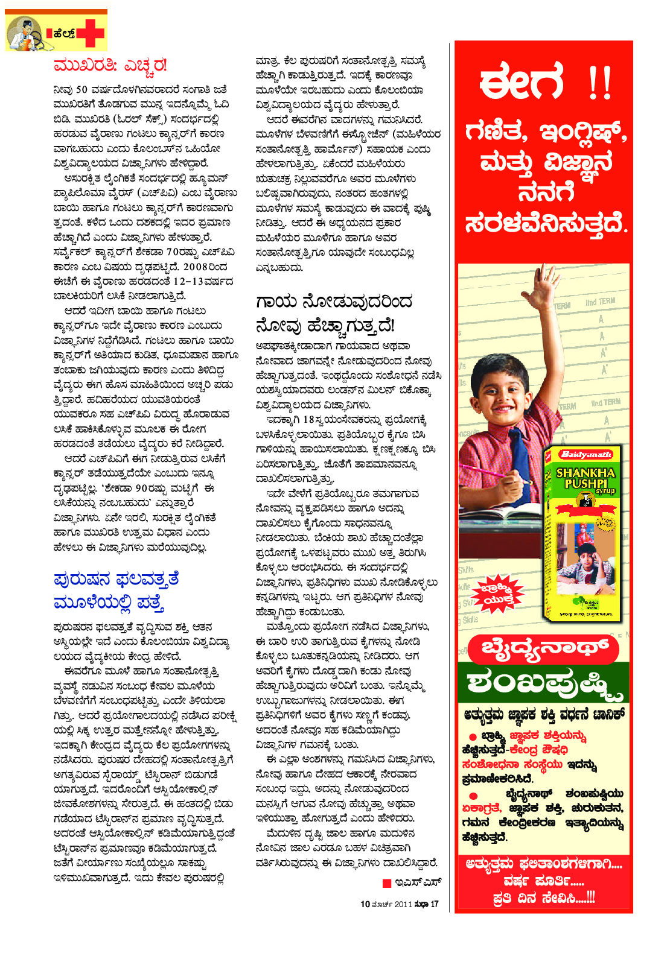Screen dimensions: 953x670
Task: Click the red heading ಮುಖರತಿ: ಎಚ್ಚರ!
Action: coord(110,65)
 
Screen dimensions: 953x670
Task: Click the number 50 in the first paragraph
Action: coord(82,90)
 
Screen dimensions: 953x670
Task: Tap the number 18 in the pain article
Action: coord(309,420)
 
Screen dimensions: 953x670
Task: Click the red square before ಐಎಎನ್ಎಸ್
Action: coord(387,884)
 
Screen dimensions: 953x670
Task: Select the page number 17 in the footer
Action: coord(434,904)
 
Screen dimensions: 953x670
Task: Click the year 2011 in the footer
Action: coord(403,904)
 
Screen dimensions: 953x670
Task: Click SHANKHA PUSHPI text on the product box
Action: coord(585,478)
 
